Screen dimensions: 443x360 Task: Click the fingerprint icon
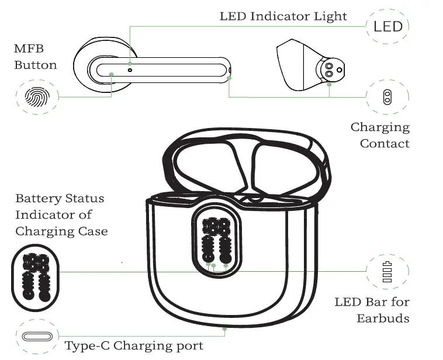tap(37, 97)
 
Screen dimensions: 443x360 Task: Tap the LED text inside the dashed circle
tap(388, 26)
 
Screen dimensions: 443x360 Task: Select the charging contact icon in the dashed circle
tap(387, 97)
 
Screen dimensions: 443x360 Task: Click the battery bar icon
tap(387, 272)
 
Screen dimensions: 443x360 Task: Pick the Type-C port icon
tap(37, 337)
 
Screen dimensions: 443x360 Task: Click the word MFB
tap(29, 49)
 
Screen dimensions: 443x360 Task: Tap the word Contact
tap(385, 144)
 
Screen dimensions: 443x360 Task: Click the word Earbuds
tap(383, 319)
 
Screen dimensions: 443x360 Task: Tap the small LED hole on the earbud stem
tap(130, 70)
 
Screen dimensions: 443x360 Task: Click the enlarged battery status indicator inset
tap(35, 278)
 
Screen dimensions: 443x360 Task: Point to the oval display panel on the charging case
tap(216, 240)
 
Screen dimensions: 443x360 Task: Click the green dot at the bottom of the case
tap(224, 329)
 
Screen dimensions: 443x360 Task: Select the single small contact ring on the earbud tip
tap(340, 70)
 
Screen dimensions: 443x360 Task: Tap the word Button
tap(36, 65)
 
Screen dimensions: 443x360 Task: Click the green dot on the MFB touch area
tap(111, 74)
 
